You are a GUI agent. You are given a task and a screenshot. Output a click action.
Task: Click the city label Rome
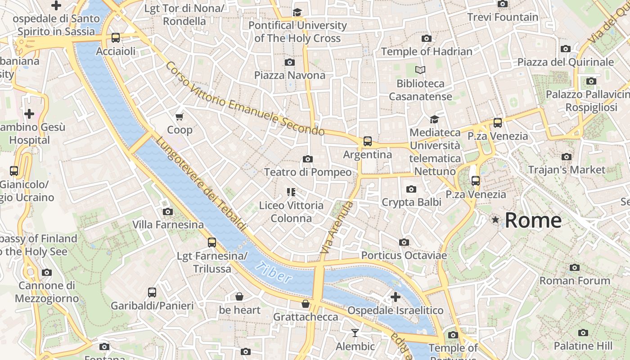click(x=533, y=220)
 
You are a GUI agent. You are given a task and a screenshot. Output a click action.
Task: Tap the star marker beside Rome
click(x=495, y=220)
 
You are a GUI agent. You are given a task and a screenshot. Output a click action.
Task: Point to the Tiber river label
click(x=273, y=273)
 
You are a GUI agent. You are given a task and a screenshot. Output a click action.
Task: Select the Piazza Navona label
click(x=290, y=75)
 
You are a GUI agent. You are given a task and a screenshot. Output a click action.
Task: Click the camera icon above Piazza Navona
click(x=290, y=62)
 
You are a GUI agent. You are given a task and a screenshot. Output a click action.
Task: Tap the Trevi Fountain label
click(x=502, y=17)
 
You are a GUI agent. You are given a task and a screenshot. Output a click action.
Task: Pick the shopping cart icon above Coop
click(x=180, y=117)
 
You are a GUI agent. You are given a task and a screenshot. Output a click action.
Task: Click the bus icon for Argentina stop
click(x=368, y=141)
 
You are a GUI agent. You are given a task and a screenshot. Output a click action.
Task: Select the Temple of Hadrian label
click(x=427, y=51)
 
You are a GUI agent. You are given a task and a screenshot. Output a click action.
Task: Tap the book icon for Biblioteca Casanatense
click(x=420, y=70)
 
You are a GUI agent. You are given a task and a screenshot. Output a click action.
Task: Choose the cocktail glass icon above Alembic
click(x=355, y=333)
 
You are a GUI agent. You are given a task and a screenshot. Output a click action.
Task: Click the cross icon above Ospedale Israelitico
click(x=396, y=297)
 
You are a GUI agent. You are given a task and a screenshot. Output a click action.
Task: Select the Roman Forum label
click(x=575, y=280)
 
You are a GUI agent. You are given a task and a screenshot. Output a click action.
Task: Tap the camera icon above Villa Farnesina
click(x=168, y=211)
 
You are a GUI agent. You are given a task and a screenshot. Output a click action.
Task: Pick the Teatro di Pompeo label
click(x=308, y=172)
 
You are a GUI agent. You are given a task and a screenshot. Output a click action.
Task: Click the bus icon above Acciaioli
click(x=116, y=38)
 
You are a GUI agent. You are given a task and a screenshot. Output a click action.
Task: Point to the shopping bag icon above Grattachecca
click(x=306, y=304)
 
